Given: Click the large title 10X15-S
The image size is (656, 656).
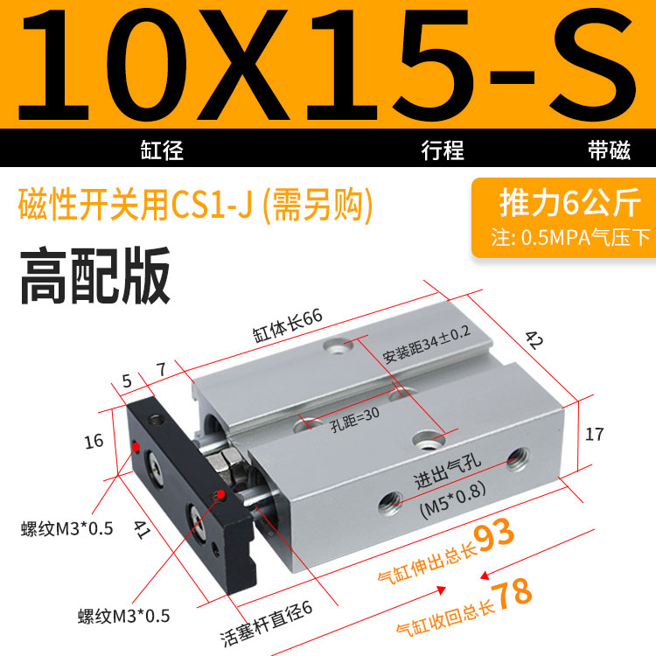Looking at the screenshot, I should tap(327, 66).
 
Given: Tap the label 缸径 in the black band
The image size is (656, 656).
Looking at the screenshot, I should tap(162, 150).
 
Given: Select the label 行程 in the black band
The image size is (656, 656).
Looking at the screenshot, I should tap(443, 150).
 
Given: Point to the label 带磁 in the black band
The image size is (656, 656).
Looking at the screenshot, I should tap(609, 150).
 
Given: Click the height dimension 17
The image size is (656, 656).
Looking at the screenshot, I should tap(594, 434).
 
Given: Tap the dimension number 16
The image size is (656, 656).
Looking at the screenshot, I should tap(94, 442).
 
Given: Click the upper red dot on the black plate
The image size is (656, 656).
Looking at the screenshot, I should tap(136, 447).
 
